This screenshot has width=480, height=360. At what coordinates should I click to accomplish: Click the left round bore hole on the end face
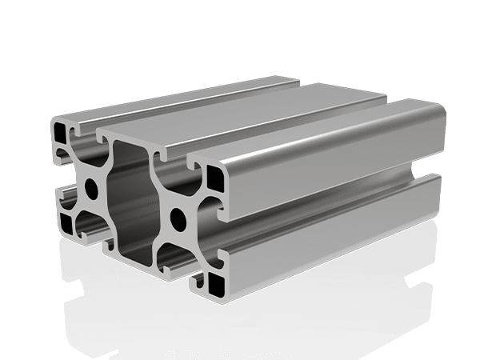pyautogui.click(x=94, y=190)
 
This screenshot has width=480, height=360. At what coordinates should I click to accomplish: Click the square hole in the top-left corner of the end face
pyautogui.click(x=59, y=130)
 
